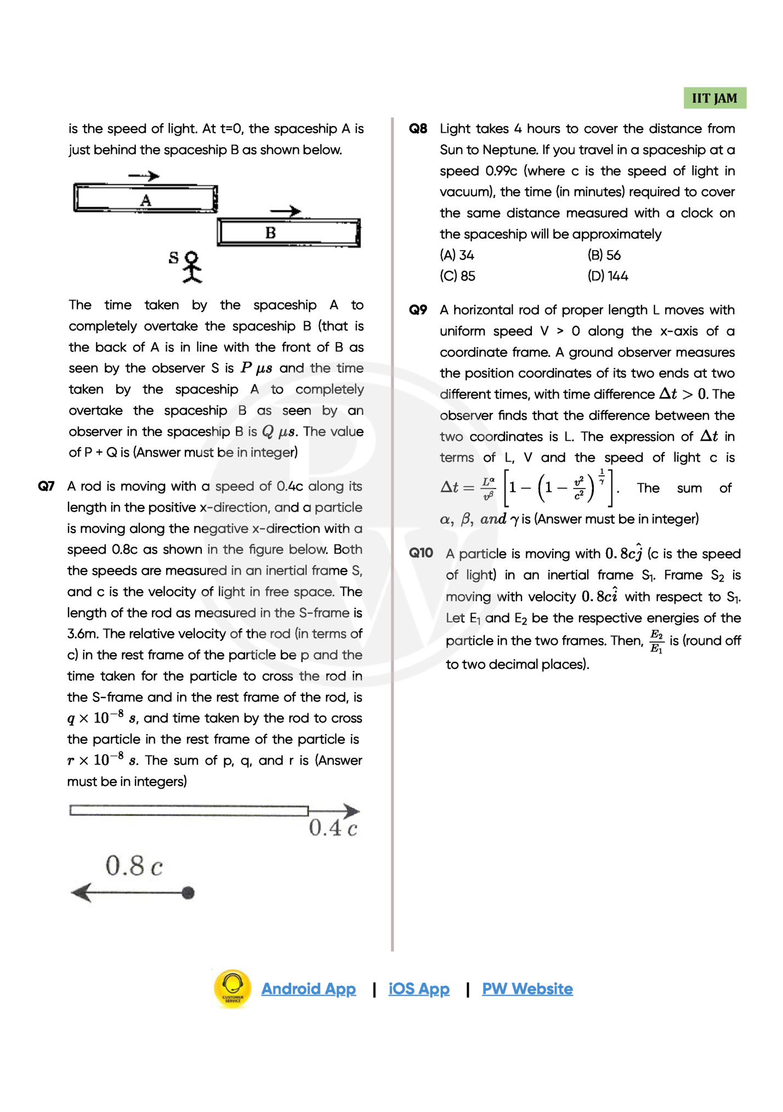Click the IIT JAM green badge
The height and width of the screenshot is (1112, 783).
pyautogui.click(x=714, y=98)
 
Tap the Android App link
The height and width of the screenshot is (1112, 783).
pyautogui.click(x=308, y=989)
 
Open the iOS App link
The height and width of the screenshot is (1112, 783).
pyautogui.click(x=419, y=989)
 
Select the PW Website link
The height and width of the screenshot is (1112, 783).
pyautogui.click(x=527, y=989)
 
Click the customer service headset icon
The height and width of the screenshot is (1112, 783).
pyautogui.click(x=232, y=989)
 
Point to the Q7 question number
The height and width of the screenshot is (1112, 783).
pyautogui.click(x=46, y=486)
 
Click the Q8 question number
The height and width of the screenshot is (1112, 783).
pyautogui.click(x=418, y=129)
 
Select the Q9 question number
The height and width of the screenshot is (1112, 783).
pyautogui.click(x=418, y=310)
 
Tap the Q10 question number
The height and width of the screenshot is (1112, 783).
pyautogui.click(x=421, y=553)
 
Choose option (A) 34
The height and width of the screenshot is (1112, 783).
pyautogui.click(x=457, y=256)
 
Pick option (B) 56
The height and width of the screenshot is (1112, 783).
pyautogui.click(x=604, y=256)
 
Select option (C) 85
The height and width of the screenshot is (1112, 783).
pyautogui.click(x=457, y=276)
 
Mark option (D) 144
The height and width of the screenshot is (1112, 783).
pyautogui.click(x=608, y=276)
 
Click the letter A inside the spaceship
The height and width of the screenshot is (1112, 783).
pyautogui.click(x=145, y=201)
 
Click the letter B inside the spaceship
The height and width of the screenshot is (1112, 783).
pyautogui.click(x=270, y=233)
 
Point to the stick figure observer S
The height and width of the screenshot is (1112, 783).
pyautogui.click(x=191, y=267)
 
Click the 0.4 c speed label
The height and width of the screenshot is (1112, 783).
pyautogui.click(x=333, y=828)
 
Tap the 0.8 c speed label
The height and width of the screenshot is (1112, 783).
pyautogui.click(x=134, y=866)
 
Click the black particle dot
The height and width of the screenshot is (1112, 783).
pyautogui.click(x=188, y=893)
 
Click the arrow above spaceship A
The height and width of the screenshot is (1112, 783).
pyautogui.click(x=144, y=176)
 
